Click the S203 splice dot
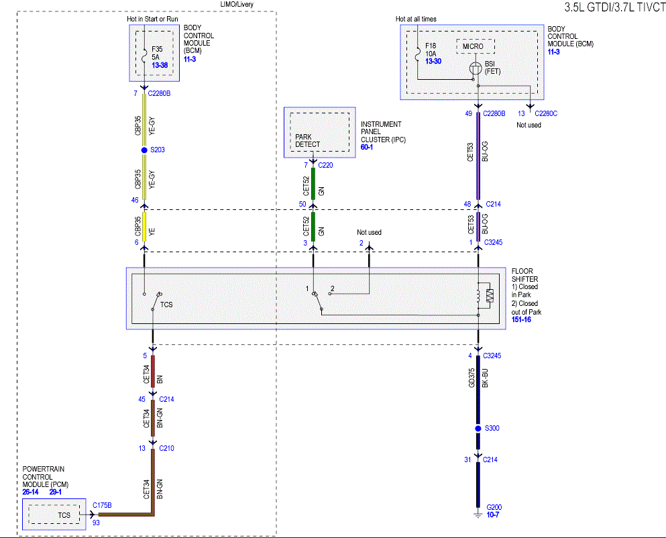[144, 150]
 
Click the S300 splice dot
[478, 429]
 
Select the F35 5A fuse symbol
[144, 55]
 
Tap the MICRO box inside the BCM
[476, 46]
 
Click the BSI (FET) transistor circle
[476, 68]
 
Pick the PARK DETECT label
[308, 141]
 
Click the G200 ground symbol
[478, 515]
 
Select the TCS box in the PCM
[54, 515]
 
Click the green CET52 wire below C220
[313, 184]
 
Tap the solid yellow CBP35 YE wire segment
[144, 227]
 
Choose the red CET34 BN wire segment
[153, 372]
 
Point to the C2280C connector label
[546, 113]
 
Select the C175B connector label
[103, 505]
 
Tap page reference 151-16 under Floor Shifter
[521, 319]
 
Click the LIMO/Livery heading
[237, 4]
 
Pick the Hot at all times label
[416, 19]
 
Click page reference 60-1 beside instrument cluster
[367, 147]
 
